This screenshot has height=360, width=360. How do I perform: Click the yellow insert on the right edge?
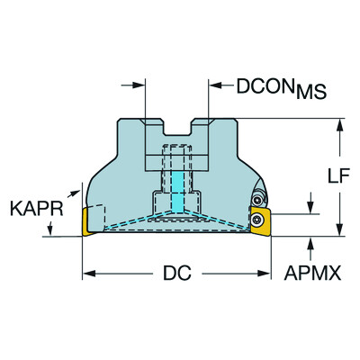(x=260, y=221)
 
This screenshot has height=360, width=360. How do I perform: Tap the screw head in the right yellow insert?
(x=259, y=218)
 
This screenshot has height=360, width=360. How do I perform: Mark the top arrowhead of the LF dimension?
(x=339, y=123)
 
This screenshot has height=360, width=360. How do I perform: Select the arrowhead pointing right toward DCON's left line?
(x=139, y=87)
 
